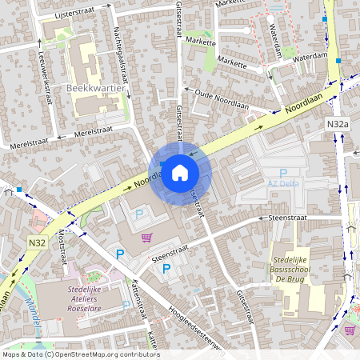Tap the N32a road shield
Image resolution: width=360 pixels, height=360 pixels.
tap(338, 125)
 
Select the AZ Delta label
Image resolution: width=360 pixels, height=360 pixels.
tap(282, 183)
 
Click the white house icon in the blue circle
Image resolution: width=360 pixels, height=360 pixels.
tap(180, 172)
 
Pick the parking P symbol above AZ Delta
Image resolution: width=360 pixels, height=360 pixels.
tap(282, 172)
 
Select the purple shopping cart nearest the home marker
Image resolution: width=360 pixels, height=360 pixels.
tap(146, 238)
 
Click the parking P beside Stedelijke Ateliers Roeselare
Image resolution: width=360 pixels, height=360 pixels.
tap(126, 305)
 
